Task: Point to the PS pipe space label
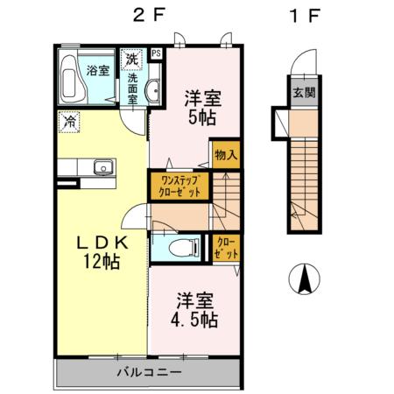pyautogui.click(x=156, y=53)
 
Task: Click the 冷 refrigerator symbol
pyautogui.click(x=70, y=122)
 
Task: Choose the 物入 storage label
pyautogui.click(x=225, y=154)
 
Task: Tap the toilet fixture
pyautogui.click(x=181, y=247)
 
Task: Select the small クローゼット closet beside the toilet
pyautogui.click(x=224, y=248)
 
